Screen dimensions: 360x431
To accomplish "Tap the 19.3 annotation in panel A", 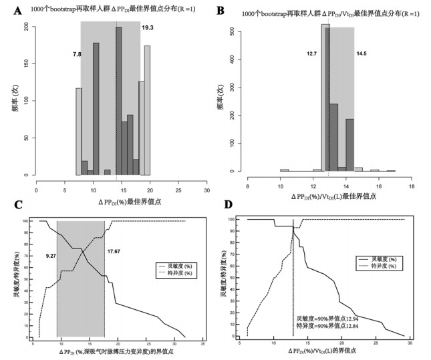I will coord(148,28).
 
